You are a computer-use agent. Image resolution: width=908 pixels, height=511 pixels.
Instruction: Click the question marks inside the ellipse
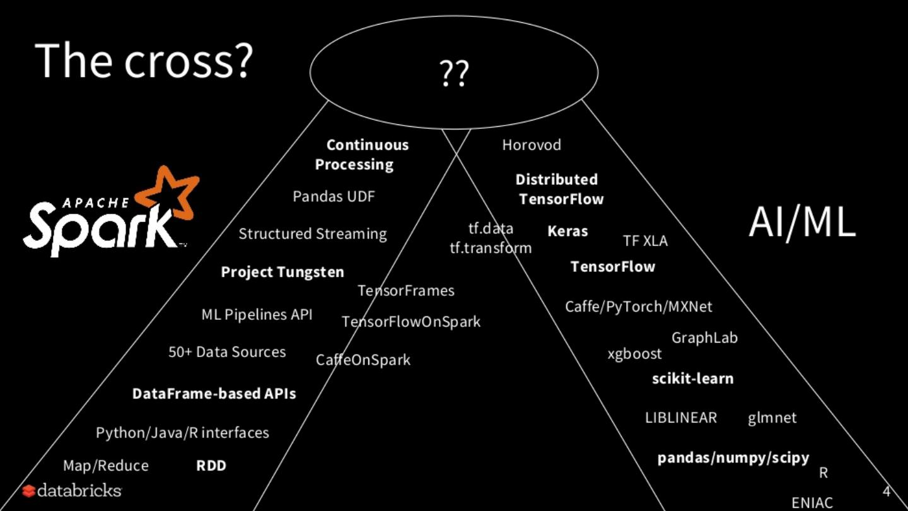(454, 74)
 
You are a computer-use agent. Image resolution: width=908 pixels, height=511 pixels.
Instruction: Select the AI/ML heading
(802, 222)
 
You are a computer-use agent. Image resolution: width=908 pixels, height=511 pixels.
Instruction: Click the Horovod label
(531, 145)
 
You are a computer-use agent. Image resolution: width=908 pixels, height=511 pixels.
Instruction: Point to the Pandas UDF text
(334, 196)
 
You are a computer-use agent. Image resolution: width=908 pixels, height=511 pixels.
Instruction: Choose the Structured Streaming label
(312, 234)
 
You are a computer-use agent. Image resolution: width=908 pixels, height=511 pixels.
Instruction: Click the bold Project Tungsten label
(282, 272)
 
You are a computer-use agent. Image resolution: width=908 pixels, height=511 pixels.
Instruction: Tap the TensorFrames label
(406, 291)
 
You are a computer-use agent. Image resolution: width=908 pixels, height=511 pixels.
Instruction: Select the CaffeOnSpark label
(363, 360)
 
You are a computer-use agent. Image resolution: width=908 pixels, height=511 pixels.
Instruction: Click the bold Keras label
(567, 231)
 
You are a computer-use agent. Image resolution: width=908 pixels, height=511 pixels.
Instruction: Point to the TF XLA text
(645, 241)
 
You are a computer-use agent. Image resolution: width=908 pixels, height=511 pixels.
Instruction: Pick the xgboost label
(634, 354)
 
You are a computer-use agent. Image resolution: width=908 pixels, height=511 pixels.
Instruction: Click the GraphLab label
(704, 338)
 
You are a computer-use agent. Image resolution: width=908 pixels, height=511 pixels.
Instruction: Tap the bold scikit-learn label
(692, 379)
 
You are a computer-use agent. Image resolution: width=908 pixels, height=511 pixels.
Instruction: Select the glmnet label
(772, 418)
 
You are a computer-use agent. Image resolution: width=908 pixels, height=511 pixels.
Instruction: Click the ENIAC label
(812, 503)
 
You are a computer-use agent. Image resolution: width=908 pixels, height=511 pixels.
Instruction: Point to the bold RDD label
(211, 466)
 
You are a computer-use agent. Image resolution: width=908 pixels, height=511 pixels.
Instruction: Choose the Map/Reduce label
(106, 466)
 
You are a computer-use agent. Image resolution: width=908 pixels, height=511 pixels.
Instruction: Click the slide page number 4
(886, 491)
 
